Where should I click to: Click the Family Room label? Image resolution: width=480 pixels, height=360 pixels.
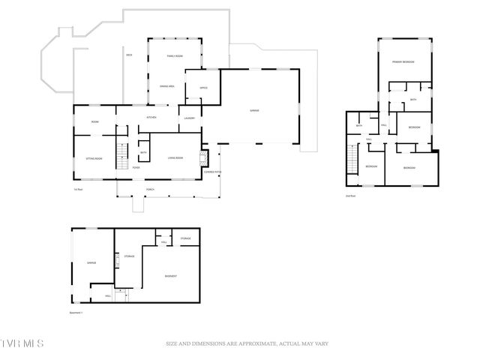[x=174, y=56]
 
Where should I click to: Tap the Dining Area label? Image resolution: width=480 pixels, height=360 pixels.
[x=166, y=87]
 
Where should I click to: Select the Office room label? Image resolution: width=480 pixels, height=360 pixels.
[x=203, y=88]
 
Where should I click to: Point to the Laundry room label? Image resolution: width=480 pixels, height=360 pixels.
[x=190, y=118]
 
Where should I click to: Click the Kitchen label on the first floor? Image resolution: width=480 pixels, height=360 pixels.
[x=151, y=118]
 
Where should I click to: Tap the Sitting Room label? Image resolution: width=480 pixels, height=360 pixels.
[x=94, y=158]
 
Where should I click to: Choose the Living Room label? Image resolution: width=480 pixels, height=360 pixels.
[x=175, y=158]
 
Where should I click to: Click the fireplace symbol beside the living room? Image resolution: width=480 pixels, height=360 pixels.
[x=200, y=159]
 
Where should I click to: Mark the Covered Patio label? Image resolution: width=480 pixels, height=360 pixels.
[x=213, y=172]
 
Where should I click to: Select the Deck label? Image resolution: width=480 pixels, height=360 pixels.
[x=129, y=55]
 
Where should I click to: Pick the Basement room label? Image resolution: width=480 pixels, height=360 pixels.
[x=171, y=277]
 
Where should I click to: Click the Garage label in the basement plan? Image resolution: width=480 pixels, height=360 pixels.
[x=91, y=262]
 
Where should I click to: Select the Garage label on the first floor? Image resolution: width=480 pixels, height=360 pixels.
[x=254, y=110]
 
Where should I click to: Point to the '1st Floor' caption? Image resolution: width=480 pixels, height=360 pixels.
[x=78, y=189]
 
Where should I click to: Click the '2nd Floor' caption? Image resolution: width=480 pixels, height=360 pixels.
[x=349, y=196]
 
